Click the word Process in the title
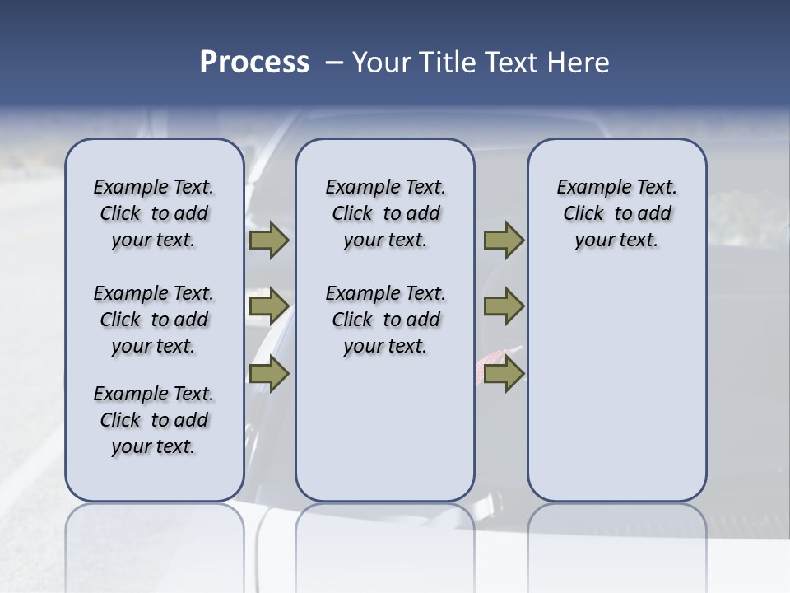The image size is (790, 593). [254, 63]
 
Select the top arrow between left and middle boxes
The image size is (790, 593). [268, 240]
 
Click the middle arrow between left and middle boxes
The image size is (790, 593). [268, 307]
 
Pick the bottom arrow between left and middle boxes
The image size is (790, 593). [268, 374]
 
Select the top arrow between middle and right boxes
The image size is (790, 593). [504, 240]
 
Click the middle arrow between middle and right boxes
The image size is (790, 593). [504, 307]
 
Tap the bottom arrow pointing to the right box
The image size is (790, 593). [504, 374]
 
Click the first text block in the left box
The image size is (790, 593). [154, 213]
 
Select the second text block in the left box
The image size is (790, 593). [154, 320]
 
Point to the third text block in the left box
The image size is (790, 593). [154, 420]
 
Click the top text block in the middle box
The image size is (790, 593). [385, 213]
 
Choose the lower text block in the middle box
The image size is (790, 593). [385, 320]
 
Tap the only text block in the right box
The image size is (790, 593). [616, 213]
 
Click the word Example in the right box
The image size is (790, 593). [587, 187]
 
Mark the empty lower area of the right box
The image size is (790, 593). [616, 387]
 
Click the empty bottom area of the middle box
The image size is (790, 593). [385, 437]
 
